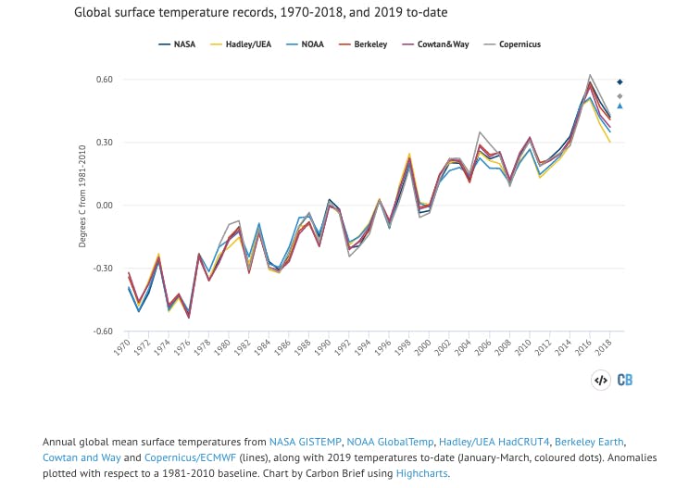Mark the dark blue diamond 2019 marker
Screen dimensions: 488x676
[x=620, y=82]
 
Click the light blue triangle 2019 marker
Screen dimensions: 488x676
[x=620, y=106]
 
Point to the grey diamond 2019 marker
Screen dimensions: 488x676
[x=620, y=95]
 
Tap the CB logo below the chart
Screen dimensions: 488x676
[x=625, y=379]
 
